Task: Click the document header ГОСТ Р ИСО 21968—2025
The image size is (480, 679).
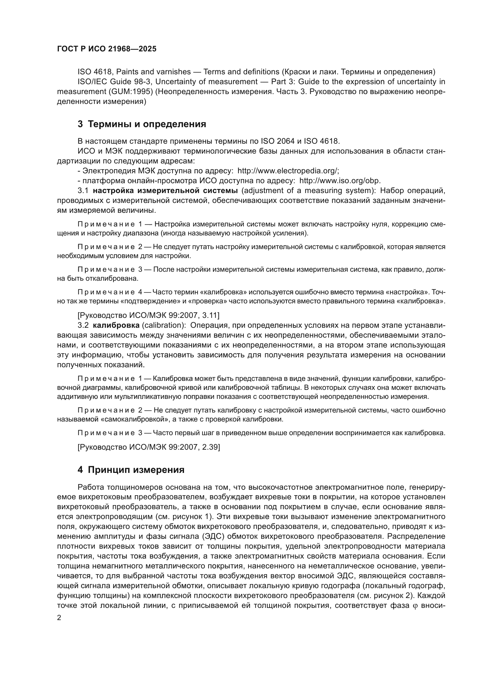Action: [107, 49]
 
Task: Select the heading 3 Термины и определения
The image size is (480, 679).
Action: [142, 124]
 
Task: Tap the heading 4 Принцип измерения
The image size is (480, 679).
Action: [131, 470]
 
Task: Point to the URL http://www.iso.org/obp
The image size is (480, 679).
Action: [340, 181]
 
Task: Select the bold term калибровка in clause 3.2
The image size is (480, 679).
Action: [116, 325]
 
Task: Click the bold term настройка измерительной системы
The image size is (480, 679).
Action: [165, 191]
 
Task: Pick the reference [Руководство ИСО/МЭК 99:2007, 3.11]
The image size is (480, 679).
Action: [148, 316]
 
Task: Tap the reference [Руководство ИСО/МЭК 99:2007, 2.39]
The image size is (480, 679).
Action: [149, 447]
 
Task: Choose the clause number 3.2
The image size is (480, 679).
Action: [83, 325]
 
